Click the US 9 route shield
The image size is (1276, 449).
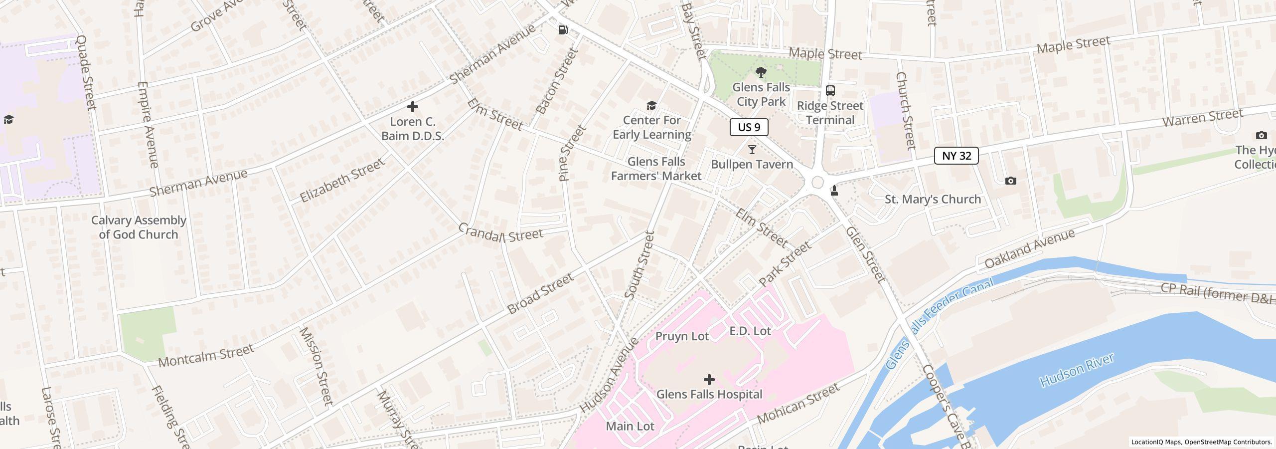coord(749,127)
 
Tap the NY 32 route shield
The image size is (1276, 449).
coord(956,156)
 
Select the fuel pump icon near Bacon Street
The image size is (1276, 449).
coord(563,30)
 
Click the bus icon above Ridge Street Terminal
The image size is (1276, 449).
coord(830,90)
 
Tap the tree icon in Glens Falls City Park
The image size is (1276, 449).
coord(761,73)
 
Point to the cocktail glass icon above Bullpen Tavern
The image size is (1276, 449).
coord(752,150)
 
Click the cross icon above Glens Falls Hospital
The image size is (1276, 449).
coord(709,380)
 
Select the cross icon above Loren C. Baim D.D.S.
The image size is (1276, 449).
coord(412,107)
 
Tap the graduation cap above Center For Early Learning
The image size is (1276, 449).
coord(651,105)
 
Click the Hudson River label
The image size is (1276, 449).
coord(1077,370)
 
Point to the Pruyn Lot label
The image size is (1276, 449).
coord(681,336)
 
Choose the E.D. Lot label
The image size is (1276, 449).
coord(750,331)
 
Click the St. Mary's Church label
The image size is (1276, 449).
coord(933,199)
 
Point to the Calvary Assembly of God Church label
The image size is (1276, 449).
coord(139,227)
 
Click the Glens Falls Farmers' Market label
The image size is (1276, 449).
coord(656,169)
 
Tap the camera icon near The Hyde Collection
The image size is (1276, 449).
coord(1261,135)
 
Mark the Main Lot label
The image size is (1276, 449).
coord(630,426)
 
